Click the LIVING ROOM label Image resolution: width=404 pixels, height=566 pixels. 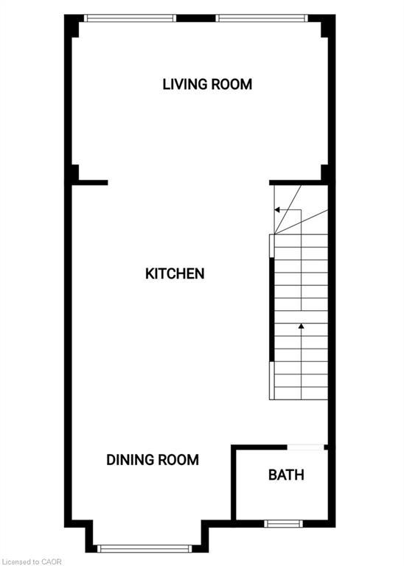click(207, 84)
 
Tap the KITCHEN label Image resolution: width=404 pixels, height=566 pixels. click(175, 273)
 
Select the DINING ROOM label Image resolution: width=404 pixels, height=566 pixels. click(153, 460)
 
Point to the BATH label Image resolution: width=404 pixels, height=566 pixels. click(286, 475)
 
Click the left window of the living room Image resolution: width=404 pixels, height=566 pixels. click(130, 18)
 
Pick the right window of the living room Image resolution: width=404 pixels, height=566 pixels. click(261, 18)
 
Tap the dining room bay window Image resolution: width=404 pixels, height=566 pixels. click(145, 548)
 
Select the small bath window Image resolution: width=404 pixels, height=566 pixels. click(283, 524)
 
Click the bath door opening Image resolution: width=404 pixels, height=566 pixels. click(305, 447)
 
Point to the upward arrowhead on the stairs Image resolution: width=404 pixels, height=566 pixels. click(301, 325)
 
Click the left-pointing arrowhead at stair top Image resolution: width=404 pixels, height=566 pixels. click(277, 210)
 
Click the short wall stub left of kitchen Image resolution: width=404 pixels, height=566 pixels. click(93, 182)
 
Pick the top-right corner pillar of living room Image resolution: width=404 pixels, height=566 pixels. click(325, 28)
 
